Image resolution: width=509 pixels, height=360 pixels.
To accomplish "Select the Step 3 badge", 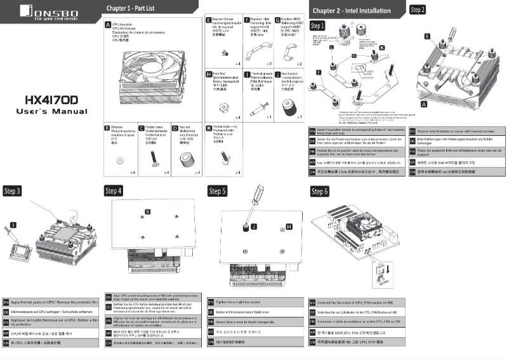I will [13, 190].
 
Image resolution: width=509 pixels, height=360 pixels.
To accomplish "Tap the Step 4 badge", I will [114, 190].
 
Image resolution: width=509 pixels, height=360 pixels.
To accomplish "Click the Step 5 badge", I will [218, 190].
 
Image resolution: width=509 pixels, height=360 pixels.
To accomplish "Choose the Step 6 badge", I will [319, 190].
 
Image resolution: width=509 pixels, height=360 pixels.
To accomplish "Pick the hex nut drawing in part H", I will [223, 105].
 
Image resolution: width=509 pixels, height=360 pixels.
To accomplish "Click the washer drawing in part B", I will [117, 161].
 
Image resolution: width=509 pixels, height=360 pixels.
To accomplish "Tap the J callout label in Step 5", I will [254, 226].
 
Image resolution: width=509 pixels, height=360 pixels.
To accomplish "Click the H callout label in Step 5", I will [289, 226].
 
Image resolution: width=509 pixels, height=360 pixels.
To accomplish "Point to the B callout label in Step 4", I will [147, 211].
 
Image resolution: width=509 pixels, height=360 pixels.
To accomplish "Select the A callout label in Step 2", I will [423, 102].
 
